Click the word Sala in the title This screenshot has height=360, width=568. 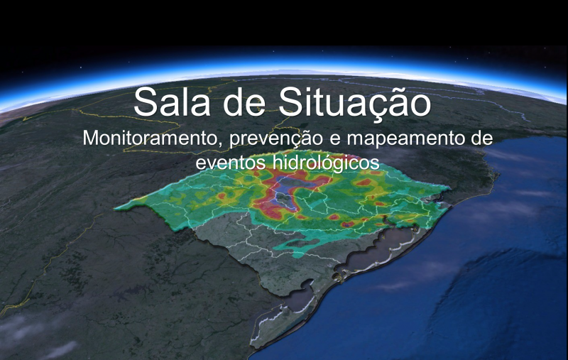point(172,102)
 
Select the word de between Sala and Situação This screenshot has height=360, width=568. point(244,102)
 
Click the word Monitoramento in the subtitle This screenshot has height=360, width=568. point(150,138)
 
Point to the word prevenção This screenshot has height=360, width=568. point(275,139)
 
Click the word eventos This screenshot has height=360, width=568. point(231,163)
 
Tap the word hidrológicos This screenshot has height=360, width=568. point(326,163)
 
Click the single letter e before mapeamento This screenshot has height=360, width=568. point(334,140)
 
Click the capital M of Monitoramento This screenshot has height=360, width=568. point(90,138)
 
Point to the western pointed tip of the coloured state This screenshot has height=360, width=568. point(115,209)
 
